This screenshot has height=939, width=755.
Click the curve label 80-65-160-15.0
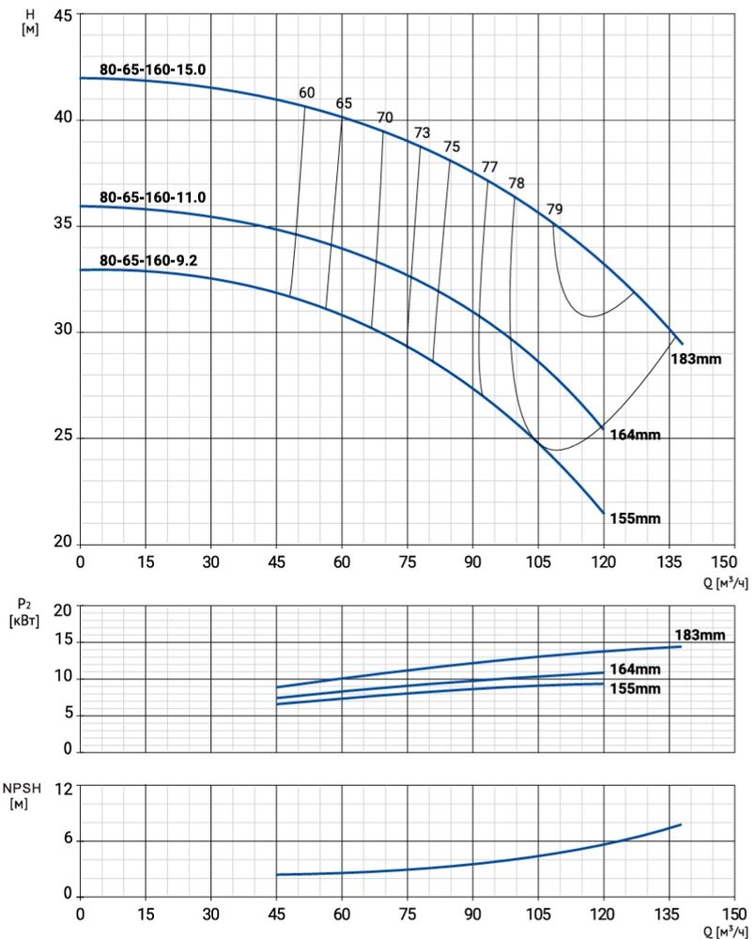(x=152, y=69)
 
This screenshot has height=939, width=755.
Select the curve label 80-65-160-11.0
(x=152, y=197)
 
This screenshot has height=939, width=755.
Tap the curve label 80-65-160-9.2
(x=147, y=260)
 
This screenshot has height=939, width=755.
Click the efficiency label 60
(x=307, y=92)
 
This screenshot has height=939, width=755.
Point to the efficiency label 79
(x=555, y=208)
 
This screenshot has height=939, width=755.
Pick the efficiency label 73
(x=422, y=132)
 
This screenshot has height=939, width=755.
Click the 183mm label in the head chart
(x=696, y=358)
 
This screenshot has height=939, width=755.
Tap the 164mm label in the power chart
(x=635, y=670)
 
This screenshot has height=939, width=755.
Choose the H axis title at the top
(x=31, y=21)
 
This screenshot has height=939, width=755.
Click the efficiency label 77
(x=489, y=167)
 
